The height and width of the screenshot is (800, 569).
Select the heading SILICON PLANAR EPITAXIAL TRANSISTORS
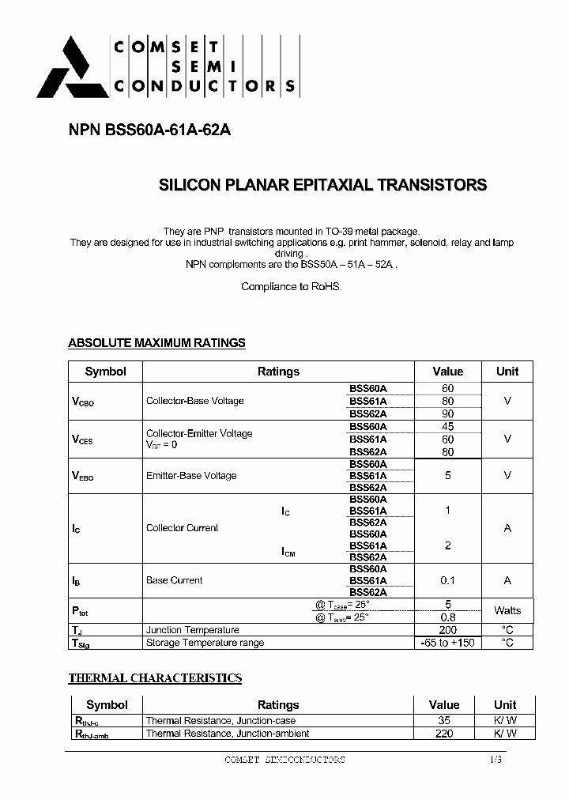(323, 186)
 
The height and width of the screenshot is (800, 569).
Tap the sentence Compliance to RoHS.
(292, 286)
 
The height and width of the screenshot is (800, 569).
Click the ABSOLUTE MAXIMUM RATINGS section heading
(156, 343)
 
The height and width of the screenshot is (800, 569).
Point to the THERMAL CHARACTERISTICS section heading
(155, 678)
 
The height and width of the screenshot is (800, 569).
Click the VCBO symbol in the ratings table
(83, 402)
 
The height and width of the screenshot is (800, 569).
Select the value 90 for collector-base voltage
(448, 413)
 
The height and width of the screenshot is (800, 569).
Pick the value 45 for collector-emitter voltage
(448, 427)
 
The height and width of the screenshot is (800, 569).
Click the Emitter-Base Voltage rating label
(191, 476)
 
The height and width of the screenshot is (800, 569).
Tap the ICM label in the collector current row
(288, 553)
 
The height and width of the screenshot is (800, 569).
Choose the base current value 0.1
(447, 580)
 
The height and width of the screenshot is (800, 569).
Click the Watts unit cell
(507, 610)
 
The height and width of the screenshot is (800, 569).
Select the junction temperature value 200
(447, 630)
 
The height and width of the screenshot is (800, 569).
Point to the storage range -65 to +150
(447, 643)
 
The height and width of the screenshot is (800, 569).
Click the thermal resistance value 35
(444, 721)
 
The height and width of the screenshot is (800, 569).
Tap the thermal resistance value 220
(444, 734)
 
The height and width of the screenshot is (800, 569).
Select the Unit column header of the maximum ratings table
(507, 372)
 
